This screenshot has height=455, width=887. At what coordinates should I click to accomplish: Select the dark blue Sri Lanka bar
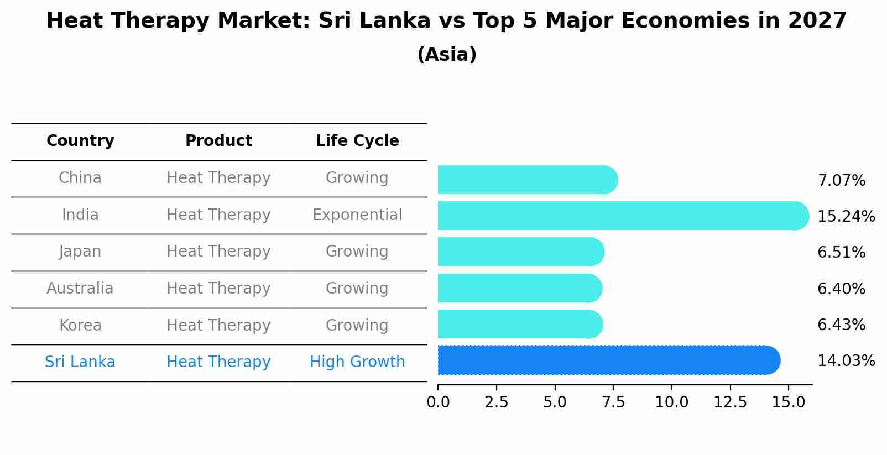608,360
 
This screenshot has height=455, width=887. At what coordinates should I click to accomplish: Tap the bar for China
527,180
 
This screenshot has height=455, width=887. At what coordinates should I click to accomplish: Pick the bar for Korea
520,324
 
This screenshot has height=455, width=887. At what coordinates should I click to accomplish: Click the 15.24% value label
846,216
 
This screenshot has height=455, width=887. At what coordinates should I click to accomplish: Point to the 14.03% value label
846,361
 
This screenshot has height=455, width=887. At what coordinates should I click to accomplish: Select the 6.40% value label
841,289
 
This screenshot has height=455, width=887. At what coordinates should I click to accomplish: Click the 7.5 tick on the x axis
613,402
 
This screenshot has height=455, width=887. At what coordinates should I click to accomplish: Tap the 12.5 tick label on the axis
730,402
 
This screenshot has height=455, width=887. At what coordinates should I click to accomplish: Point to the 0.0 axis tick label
438,402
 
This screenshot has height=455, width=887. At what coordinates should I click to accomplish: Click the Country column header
80,141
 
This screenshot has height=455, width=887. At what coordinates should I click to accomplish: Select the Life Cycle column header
357,141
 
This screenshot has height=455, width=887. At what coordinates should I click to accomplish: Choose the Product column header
218,141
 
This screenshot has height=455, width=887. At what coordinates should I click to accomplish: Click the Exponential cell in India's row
357,215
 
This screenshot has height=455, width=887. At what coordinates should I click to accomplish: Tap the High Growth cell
357,362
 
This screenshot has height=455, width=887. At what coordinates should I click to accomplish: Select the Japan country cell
80,252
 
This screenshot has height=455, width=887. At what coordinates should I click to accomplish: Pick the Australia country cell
80,289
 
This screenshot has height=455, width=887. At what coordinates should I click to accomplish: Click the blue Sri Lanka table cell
80,362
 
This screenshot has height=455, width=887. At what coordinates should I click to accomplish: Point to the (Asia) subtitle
447,55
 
